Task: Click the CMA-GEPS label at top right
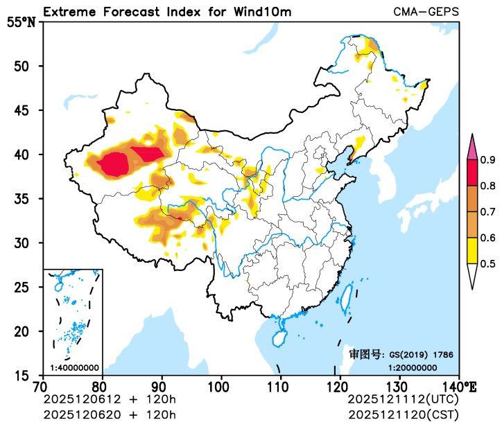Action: coord(426,12)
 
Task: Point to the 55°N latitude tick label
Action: coord(21,21)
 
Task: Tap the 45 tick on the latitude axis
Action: coord(30,110)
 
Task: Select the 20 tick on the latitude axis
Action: coord(30,331)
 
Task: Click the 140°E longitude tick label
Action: coord(461,385)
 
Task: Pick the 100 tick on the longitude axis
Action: coord(221,385)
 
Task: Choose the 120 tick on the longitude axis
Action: coord(340,385)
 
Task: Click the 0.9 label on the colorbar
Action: coord(487,160)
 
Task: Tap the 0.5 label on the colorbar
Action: coord(487,263)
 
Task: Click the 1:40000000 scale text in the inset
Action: coord(74,367)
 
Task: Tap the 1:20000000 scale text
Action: coord(412,367)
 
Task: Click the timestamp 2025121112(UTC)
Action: coord(403,399)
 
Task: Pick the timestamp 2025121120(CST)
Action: coord(403,414)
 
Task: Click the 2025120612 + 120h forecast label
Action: coord(110,399)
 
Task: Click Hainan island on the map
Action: coord(279,338)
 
